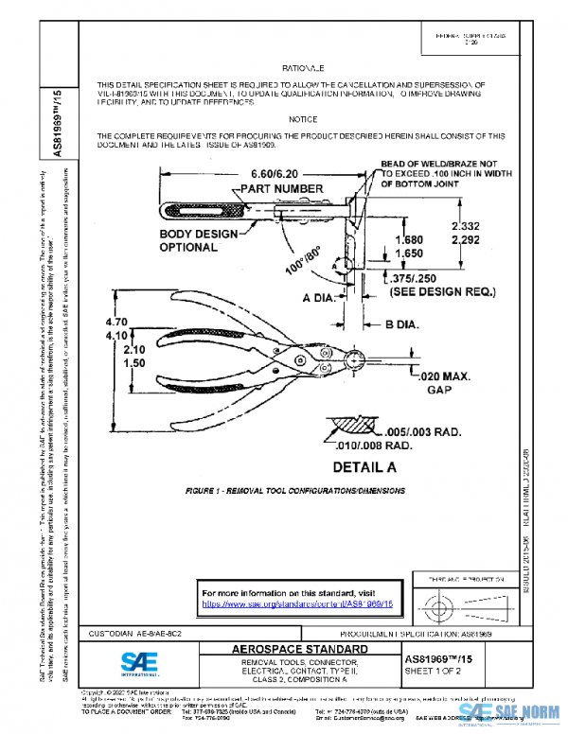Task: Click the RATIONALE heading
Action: click(x=303, y=69)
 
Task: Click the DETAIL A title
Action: click(x=370, y=466)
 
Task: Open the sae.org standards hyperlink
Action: click(x=297, y=602)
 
